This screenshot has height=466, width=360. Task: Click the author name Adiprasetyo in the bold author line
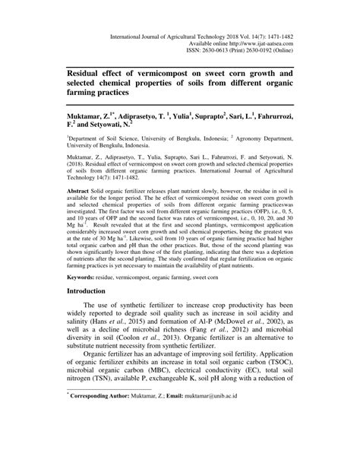pos(137,113)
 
